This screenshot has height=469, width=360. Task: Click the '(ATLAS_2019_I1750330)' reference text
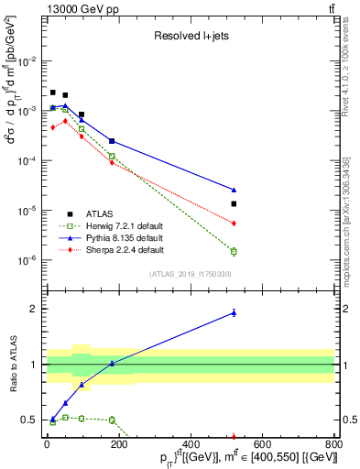click(x=190, y=274)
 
